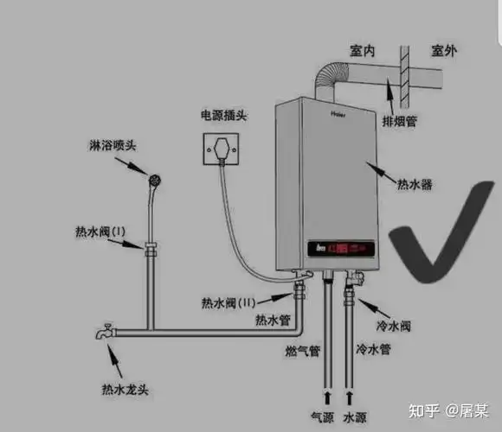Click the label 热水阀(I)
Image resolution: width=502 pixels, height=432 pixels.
[100, 232]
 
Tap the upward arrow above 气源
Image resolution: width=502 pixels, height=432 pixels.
[328, 397]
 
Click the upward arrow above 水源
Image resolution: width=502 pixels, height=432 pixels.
[351, 397]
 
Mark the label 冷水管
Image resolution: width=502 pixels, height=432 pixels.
[372, 350]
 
